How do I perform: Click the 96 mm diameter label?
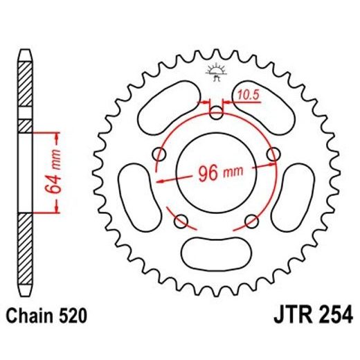coord(215,172)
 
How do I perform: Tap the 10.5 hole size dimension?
coord(246,94)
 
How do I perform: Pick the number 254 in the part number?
coord(331,318)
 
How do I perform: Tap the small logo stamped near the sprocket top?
coord(215,72)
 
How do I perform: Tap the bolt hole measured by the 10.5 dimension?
coord(215,113)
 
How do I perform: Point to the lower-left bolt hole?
coord(182,220)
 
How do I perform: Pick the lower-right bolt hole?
coord(250,220)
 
